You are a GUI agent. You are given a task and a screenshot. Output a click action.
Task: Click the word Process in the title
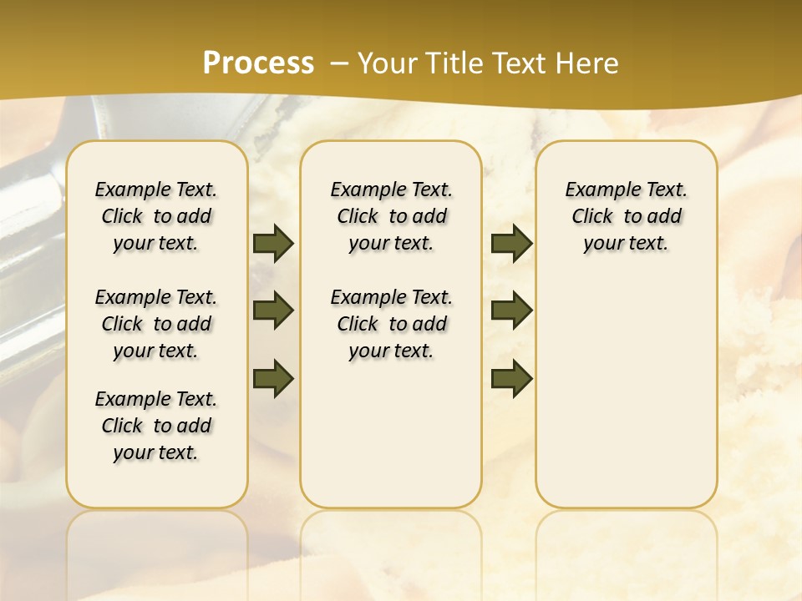click(258, 63)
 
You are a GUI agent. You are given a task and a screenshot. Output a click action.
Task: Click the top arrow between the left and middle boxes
click(273, 244)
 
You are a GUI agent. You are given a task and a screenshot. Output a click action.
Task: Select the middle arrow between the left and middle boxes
click(273, 311)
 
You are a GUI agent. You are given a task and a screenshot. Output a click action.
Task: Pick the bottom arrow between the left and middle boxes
click(273, 378)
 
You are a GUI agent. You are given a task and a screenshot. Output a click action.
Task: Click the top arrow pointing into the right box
click(511, 244)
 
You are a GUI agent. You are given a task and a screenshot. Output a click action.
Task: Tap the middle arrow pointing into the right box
click(511, 311)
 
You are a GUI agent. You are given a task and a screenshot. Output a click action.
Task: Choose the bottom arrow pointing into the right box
click(511, 378)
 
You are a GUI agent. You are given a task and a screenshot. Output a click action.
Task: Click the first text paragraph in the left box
click(156, 216)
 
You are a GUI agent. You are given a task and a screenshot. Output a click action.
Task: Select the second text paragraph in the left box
click(156, 324)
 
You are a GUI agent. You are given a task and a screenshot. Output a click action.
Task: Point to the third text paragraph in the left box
click(156, 426)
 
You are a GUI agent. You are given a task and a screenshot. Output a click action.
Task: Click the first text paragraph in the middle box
click(391, 216)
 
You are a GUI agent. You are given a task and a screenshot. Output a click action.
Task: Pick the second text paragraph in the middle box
click(391, 324)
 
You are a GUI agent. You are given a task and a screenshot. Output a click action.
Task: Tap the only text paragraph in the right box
click(627, 216)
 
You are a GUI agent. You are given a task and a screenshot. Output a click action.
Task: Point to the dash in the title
click(339, 64)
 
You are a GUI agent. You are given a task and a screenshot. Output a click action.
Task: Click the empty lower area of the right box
click(627, 401)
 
